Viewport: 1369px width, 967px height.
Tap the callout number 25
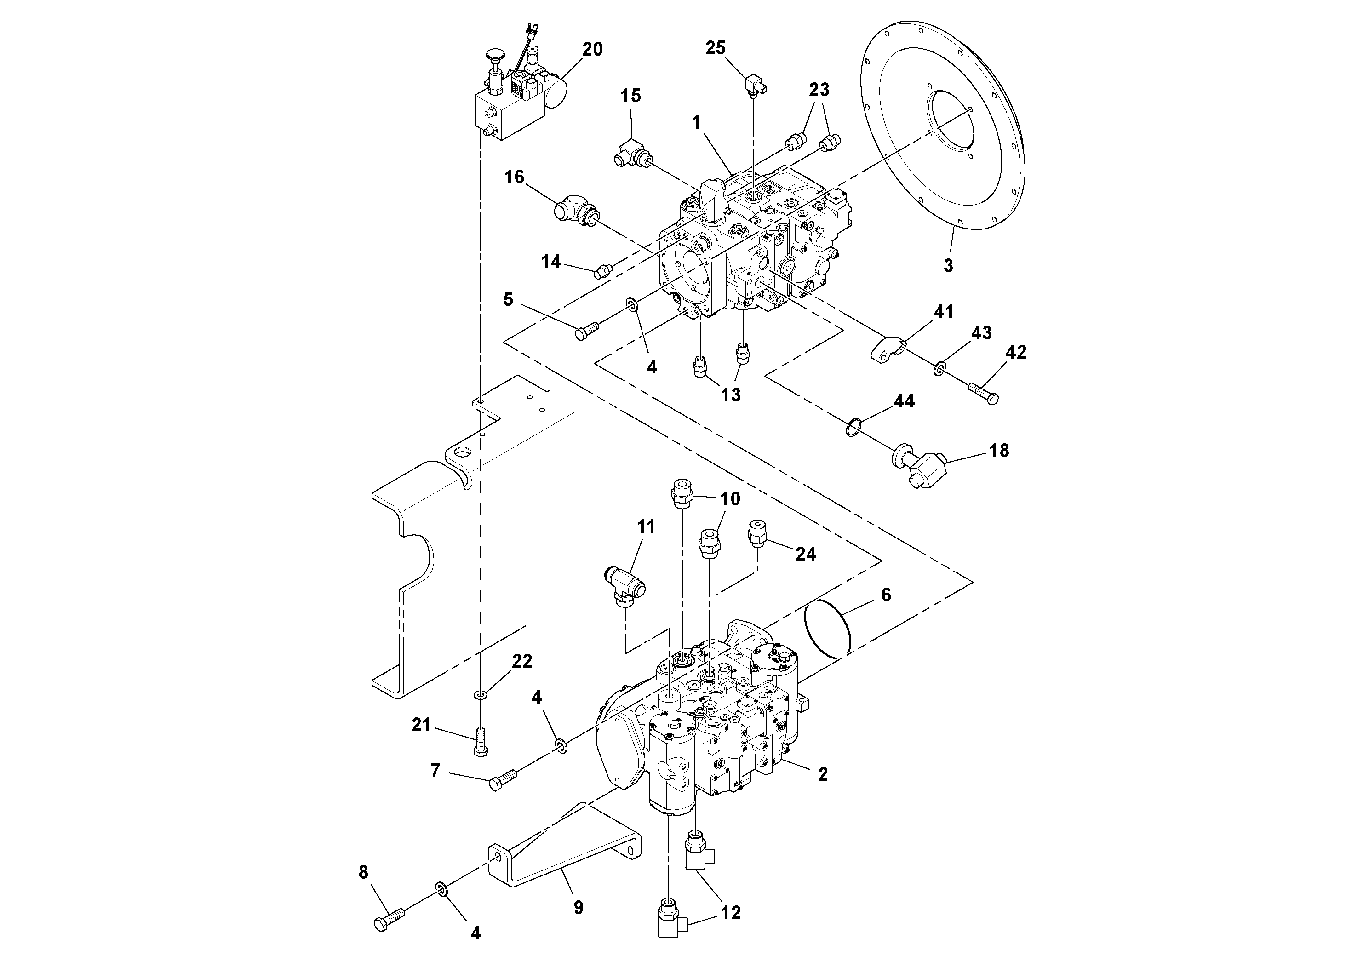[716, 48]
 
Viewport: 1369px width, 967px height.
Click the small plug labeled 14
[602, 273]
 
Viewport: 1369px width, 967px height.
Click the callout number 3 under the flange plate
[948, 265]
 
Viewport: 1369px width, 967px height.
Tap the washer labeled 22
[481, 695]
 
